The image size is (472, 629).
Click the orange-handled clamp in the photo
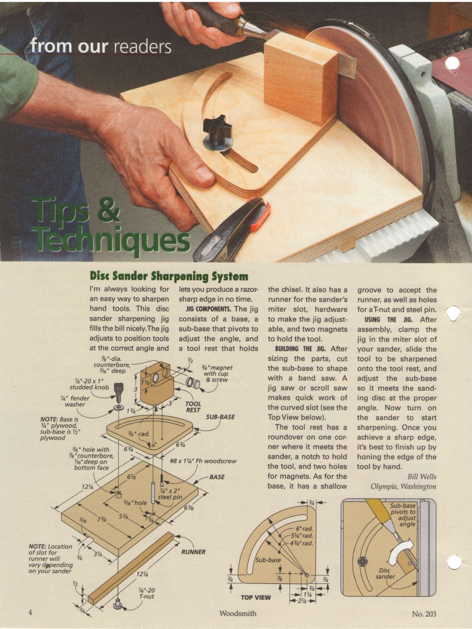235,228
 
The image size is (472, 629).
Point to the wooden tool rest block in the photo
300,76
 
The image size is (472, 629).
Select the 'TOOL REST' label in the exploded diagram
193,407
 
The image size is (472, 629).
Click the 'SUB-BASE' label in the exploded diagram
220,417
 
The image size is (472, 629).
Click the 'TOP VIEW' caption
256,598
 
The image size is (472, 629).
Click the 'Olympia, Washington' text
404,486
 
